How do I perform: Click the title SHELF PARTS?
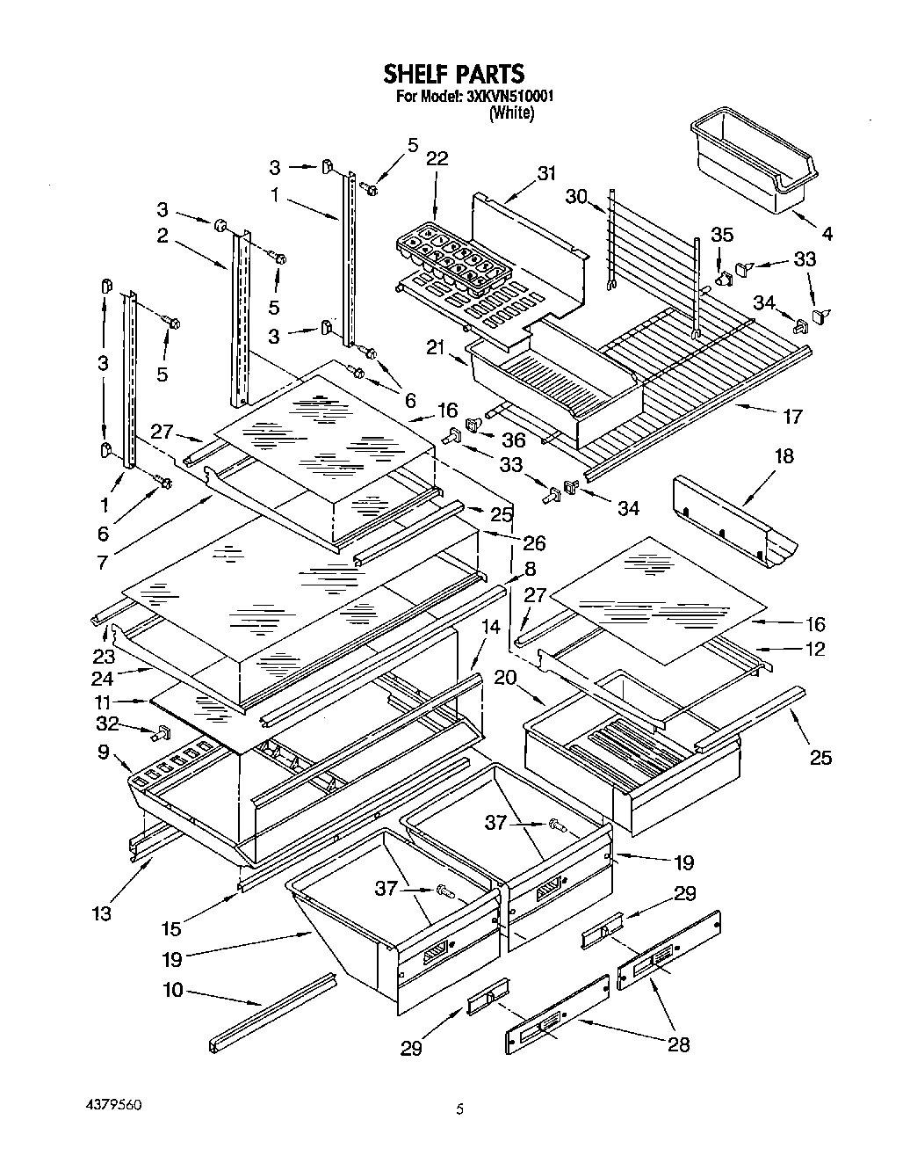(453, 74)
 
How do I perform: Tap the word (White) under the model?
(511, 113)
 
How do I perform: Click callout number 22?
(437, 159)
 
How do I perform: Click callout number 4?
(827, 234)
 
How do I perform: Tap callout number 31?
(546, 173)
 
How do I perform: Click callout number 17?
(792, 416)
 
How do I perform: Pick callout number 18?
(784, 455)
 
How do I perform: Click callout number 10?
(173, 990)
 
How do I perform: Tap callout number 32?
(107, 723)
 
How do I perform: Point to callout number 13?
(102, 912)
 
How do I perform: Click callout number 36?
(513, 440)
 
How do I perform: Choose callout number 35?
(722, 234)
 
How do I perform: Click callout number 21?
(436, 347)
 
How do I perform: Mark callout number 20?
(505, 678)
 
